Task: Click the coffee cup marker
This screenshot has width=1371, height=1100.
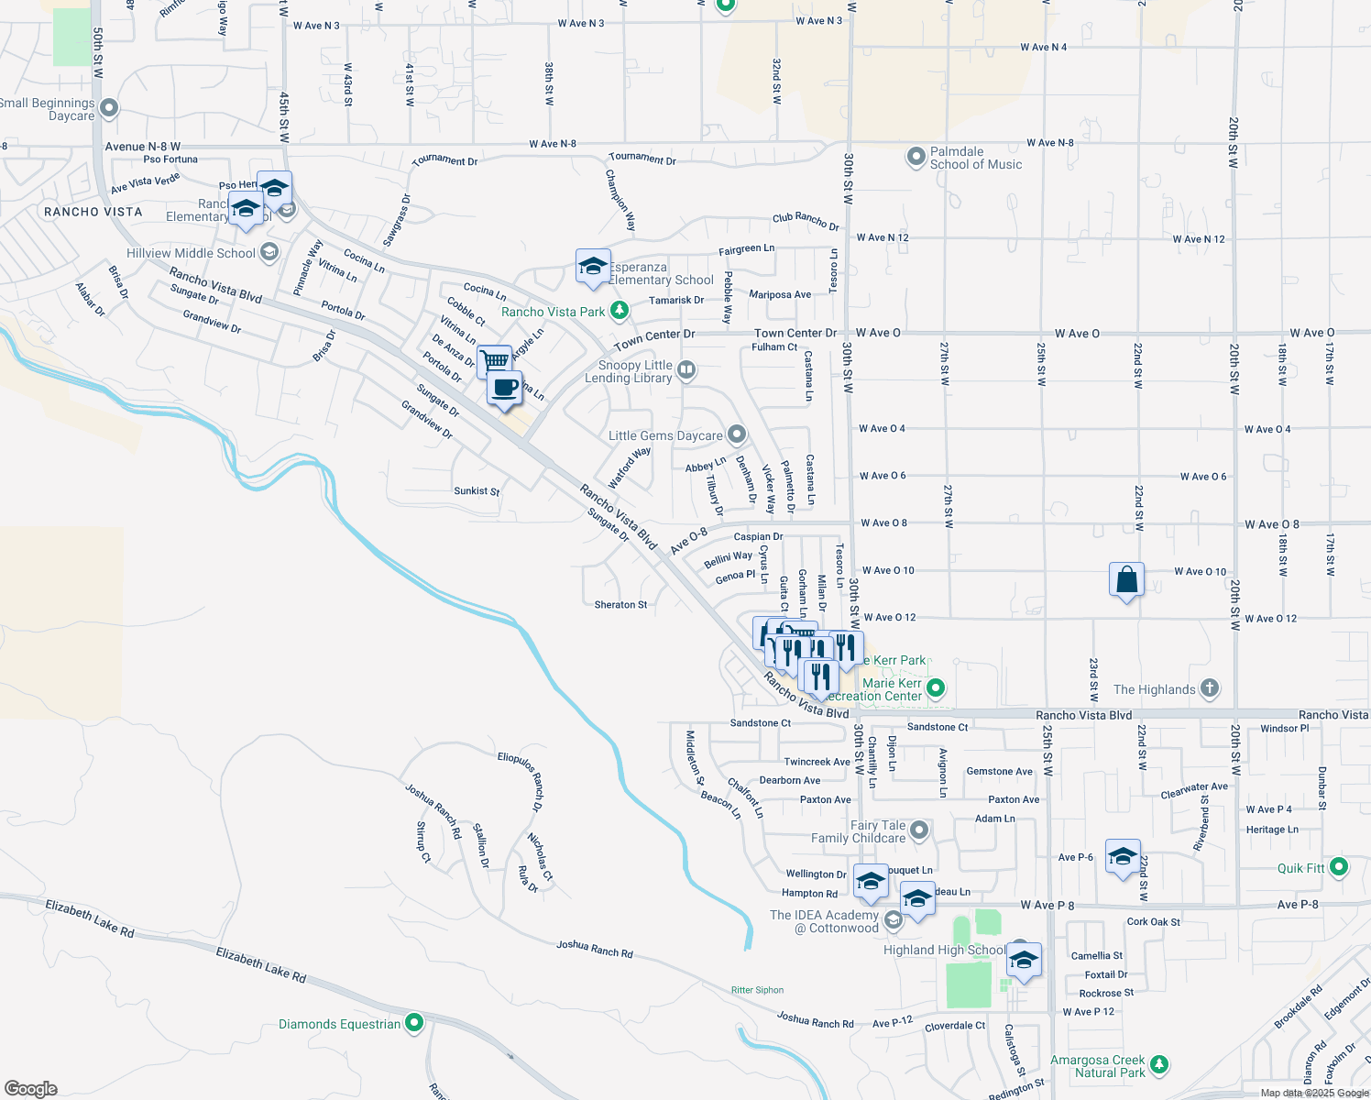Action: [x=505, y=388]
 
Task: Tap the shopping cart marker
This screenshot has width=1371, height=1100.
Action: [x=494, y=360]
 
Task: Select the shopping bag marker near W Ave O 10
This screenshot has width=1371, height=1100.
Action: [x=1126, y=580]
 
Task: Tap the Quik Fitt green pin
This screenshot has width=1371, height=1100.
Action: [x=1339, y=866]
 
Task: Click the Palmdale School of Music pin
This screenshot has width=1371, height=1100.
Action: [x=916, y=157]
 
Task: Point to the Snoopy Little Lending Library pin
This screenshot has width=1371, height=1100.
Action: [x=686, y=370]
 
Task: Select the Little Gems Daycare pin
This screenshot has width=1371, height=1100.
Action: [x=737, y=434]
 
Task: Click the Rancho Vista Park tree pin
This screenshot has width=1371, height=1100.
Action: [x=620, y=311]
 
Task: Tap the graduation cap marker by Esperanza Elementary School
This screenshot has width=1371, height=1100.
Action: [x=593, y=267]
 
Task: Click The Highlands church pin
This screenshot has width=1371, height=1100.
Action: [x=1210, y=688]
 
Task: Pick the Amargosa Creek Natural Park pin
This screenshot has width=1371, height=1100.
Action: [x=1159, y=1064]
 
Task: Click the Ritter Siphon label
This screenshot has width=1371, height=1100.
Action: [x=757, y=990]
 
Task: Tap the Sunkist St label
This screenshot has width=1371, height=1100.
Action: [x=477, y=491]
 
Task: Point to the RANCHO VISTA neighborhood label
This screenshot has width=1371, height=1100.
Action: [x=93, y=212]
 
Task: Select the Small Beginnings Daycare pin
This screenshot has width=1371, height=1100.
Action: [x=109, y=109]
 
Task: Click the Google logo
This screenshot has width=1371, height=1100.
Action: [x=31, y=1089]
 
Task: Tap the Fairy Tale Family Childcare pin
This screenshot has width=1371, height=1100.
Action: [x=919, y=830]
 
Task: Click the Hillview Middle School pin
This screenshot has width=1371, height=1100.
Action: [x=269, y=252]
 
